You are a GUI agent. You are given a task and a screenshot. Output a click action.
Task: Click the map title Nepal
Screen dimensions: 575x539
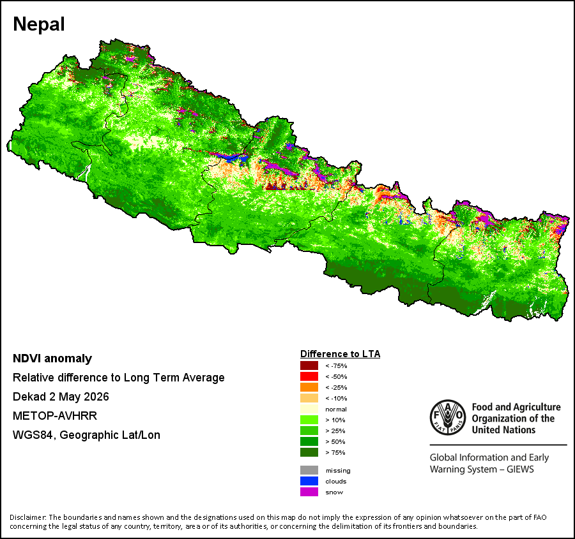(39, 24)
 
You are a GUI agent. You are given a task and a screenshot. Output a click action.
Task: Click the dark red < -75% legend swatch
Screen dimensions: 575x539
(309, 365)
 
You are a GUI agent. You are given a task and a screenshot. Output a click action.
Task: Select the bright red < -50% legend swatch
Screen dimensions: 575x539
(309, 376)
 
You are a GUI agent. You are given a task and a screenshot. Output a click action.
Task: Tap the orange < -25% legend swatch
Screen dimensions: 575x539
(309, 387)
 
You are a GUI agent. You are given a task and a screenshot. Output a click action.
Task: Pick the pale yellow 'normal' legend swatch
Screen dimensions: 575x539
(309, 409)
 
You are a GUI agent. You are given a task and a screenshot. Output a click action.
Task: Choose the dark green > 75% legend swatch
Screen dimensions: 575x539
(309, 452)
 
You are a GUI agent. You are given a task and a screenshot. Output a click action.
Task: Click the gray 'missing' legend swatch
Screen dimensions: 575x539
(309, 470)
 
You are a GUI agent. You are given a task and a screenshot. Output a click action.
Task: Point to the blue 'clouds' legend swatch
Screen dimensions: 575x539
(309, 481)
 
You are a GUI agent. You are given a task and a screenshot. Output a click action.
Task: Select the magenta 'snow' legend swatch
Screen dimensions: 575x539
(309, 492)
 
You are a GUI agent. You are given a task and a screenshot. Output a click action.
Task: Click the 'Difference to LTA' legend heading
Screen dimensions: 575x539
(341, 354)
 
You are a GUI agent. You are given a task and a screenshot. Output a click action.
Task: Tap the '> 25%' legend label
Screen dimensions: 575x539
(335, 431)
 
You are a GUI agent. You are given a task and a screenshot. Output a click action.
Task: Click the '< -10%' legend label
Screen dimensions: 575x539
(336, 399)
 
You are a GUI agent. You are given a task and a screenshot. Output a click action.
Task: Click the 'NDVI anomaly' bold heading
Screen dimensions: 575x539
(52, 358)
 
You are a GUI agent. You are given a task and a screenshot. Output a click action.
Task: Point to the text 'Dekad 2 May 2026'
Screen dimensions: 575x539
(61, 397)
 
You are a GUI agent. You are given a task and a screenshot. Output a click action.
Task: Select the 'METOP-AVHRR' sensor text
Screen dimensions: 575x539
(55, 416)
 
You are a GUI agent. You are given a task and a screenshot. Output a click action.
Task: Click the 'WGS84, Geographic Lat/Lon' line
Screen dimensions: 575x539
(86, 435)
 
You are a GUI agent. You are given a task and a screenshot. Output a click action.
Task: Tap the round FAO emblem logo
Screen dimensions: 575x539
(448, 417)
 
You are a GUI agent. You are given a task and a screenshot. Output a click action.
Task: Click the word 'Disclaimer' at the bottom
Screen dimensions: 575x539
(28, 517)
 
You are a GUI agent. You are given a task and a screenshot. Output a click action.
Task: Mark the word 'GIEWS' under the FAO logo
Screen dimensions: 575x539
(520, 469)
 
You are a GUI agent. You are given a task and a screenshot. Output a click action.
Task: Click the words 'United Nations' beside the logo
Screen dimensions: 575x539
(503, 430)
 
